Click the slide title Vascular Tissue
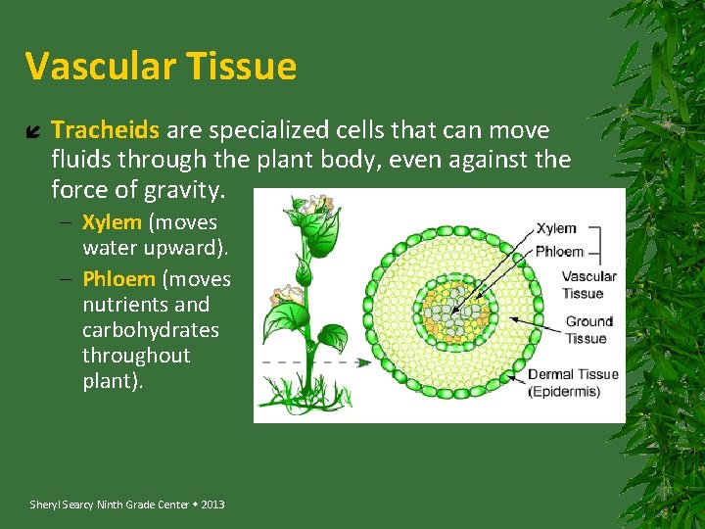(x=161, y=67)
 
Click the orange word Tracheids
(x=105, y=130)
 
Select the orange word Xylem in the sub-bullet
(x=112, y=222)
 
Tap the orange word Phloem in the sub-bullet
(x=118, y=279)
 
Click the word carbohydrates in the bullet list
(x=151, y=330)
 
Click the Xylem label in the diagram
(x=556, y=229)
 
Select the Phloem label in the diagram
(x=559, y=251)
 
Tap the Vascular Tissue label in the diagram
(x=588, y=284)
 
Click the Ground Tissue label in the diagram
(x=588, y=330)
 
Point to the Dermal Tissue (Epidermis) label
(x=574, y=383)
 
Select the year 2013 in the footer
(x=211, y=505)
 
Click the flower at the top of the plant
(x=315, y=205)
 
